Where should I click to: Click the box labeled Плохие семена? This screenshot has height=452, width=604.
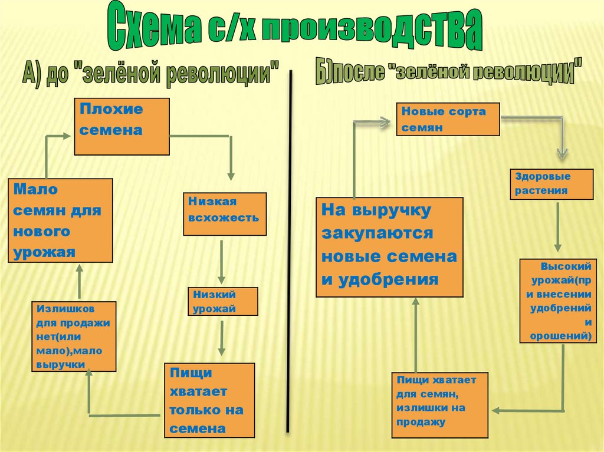(x=122, y=126)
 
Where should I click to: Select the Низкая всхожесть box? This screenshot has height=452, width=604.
(x=224, y=214)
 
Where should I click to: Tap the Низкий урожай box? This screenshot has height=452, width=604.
(x=223, y=301)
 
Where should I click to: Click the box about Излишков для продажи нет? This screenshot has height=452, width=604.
(x=74, y=336)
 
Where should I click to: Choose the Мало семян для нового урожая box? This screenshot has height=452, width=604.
(x=60, y=220)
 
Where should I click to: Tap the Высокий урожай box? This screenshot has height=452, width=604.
(x=556, y=301)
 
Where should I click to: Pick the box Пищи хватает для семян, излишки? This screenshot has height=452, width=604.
(x=440, y=405)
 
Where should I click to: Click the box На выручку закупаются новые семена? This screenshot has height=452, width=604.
(x=389, y=247)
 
